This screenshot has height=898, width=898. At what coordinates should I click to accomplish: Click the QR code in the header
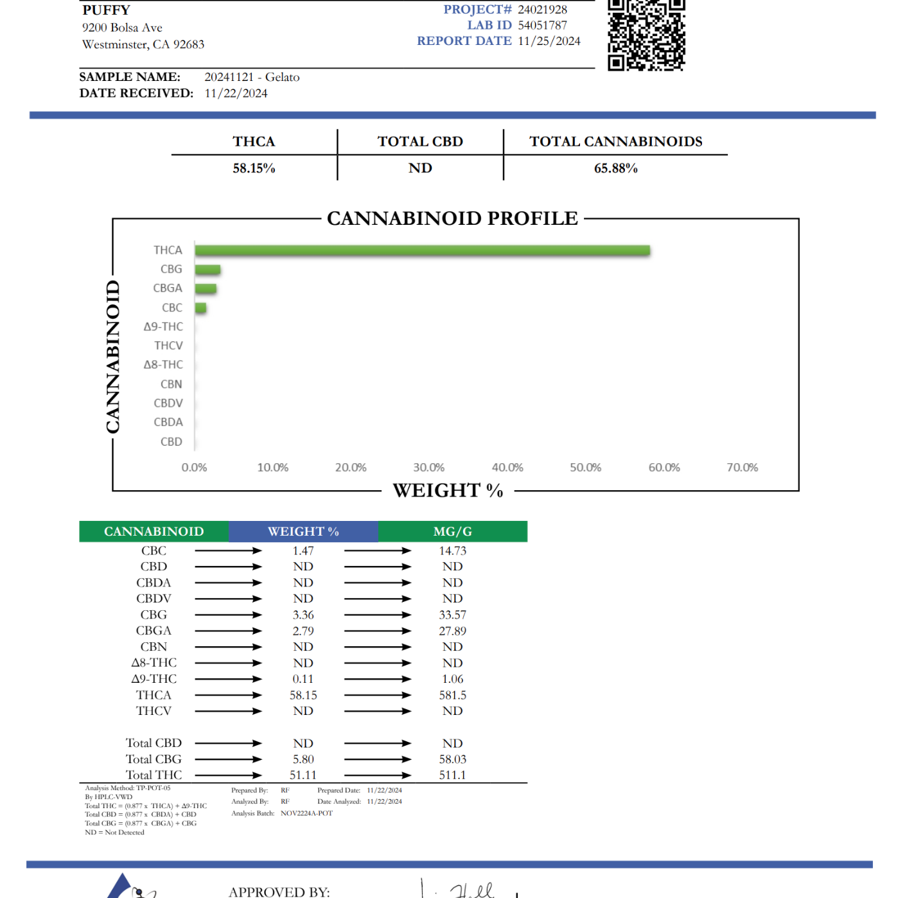[x=646, y=35]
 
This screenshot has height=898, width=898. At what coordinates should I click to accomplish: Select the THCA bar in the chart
[x=422, y=251]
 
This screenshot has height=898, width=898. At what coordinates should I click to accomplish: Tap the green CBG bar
[x=207, y=270]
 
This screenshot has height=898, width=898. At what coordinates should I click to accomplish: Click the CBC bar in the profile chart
[x=201, y=308]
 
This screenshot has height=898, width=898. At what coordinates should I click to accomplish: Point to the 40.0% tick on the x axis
[x=507, y=468]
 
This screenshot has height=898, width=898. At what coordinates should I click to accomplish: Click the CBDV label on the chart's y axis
[x=168, y=403]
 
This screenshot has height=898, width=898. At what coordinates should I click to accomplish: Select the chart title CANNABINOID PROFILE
[x=452, y=218]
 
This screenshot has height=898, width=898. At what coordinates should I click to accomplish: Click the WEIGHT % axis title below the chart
[x=448, y=491]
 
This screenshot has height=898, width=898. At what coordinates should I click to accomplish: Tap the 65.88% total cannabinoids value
[x=615, y=168]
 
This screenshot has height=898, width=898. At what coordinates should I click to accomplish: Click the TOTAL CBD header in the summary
[x=420, y=141]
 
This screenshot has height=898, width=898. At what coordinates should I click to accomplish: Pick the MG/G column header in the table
[x=452, y=532]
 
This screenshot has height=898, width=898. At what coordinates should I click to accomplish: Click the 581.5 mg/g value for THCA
[x=452, y=696]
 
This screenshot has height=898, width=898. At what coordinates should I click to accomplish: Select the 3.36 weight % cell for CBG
[x=303, y=615]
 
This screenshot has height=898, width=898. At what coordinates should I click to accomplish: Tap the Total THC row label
[x=154, y=775]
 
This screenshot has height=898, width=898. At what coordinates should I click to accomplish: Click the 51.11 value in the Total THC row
[x=303, y=775]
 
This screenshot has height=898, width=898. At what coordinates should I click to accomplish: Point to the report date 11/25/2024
[x=549, y=41]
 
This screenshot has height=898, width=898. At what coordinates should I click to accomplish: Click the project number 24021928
[x=542, y=10]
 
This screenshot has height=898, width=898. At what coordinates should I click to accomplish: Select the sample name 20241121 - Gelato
[x=252, y=77]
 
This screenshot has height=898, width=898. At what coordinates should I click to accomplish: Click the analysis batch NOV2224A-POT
[x=306, y=813]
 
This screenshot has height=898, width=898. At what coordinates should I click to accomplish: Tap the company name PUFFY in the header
[x=106, y=10]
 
